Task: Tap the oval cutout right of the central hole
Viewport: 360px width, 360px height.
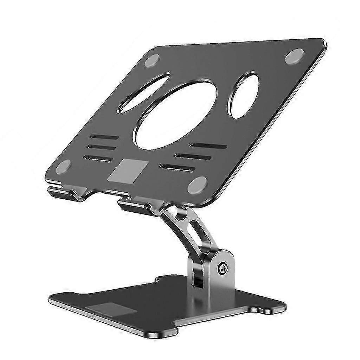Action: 245,95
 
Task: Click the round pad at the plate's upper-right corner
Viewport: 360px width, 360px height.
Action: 295,56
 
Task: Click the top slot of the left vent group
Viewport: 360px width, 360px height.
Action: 104,136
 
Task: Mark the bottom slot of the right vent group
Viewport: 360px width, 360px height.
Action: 177,168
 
